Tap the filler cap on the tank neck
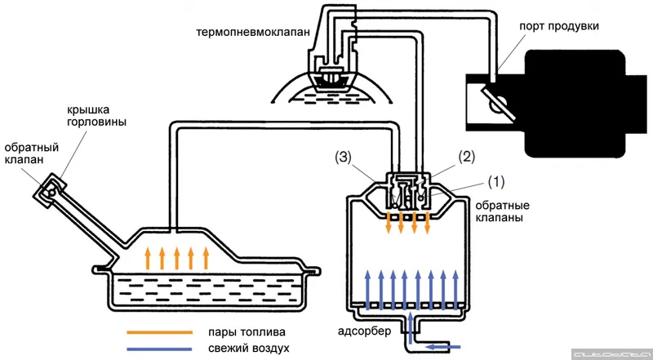[x=48, y=190]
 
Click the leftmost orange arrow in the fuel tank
[x=148, y=258]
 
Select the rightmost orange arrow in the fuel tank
[x=207, y=258]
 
